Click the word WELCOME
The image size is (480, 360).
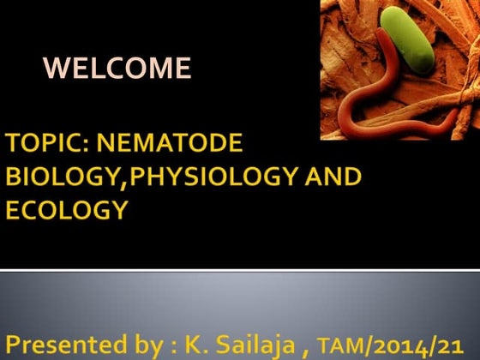click(117, 67)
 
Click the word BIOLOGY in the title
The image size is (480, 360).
click(56, 177)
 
